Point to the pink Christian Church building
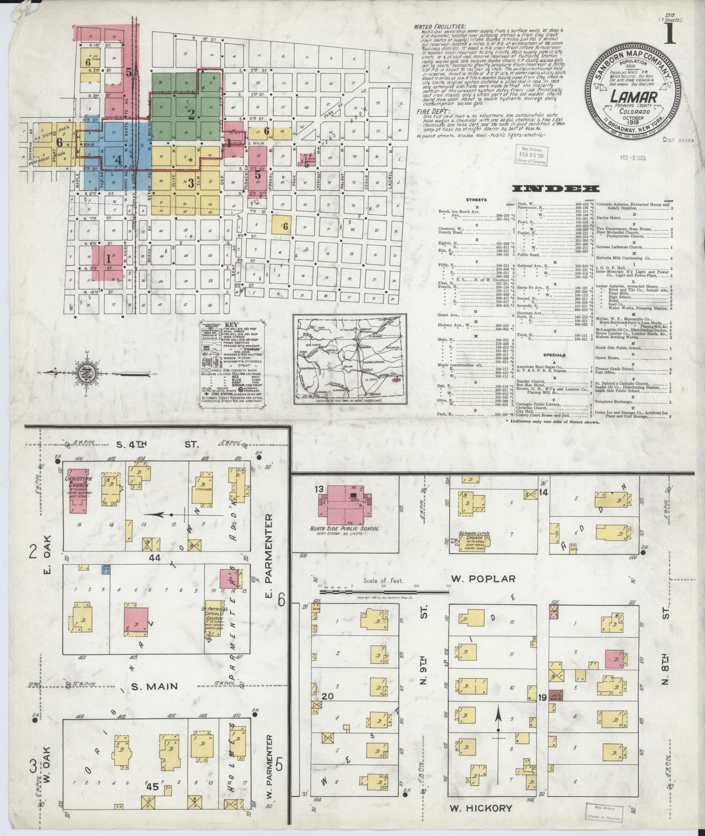[x=79, y=490]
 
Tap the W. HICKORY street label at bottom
[x=481, y=808]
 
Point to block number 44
[x=154, y=558]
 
